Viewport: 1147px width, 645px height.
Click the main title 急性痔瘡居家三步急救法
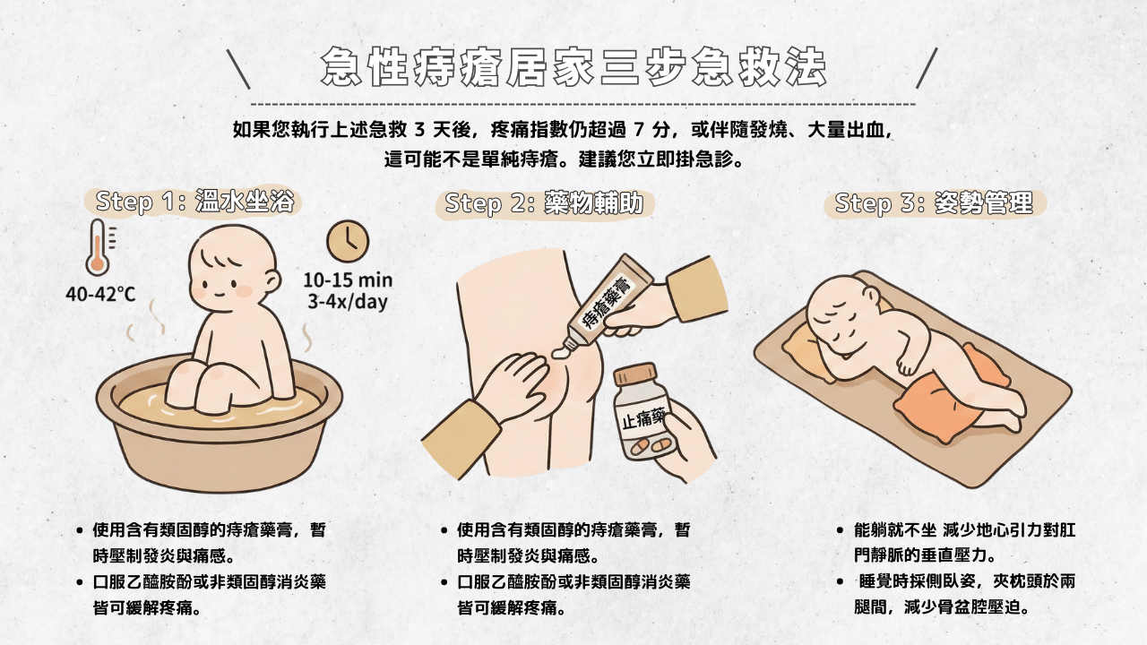pyautogui.click(x=573, y=68)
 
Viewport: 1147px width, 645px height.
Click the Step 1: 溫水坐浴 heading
pyautogui.click(x=194, y=201)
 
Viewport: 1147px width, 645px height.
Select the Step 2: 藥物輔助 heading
pyautogui.click(x=544, y=203)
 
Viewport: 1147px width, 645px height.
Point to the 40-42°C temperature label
pyautogui.click(x=100, y=294)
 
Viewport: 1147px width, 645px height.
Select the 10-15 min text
pyautogui.click(x=347, y=279)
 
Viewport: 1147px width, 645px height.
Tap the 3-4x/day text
pyautogui.click(x=347, y=301)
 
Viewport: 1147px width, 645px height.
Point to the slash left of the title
pyautogui.click(x=238, y=68)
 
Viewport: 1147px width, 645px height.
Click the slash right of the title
pyautogui.click(x=927, y=68)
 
